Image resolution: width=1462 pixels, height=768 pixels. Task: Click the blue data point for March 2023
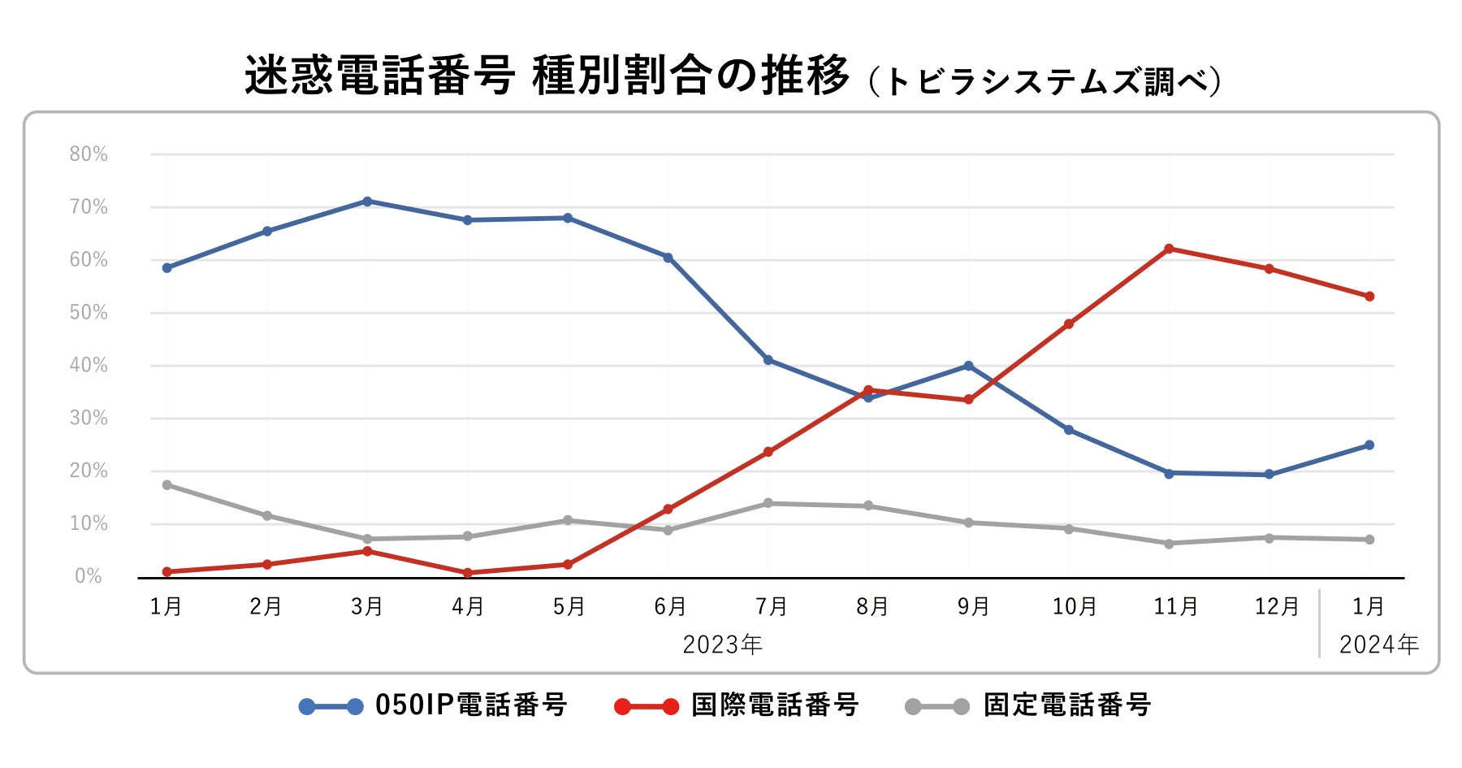tap(367, 202)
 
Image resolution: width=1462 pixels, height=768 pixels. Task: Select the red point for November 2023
tap(1169, 249)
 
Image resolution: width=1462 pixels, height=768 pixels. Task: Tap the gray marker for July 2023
tap(768, 504)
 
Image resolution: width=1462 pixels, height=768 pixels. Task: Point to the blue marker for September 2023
tap(968, 366)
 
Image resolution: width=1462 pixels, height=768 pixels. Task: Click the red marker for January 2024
tap(1369, 297)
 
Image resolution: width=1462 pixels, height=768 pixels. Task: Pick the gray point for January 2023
tap(167, 485)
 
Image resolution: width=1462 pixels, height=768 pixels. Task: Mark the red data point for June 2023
tap(668, 510)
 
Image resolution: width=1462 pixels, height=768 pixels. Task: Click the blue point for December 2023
tap(1270, 475)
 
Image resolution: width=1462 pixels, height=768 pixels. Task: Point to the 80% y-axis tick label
tap(89, 154)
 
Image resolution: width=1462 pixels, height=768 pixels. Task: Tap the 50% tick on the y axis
tap(89, 313)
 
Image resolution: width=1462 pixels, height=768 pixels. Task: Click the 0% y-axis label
tap(89, 576)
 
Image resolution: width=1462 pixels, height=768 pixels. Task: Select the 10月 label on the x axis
tap(1075, 607)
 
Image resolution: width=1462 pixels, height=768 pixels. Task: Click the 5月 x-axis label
tap(569, 607)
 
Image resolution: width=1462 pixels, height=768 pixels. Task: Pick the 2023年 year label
tap(722, 645)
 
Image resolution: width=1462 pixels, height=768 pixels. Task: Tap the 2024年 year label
tap(1378, 645)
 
